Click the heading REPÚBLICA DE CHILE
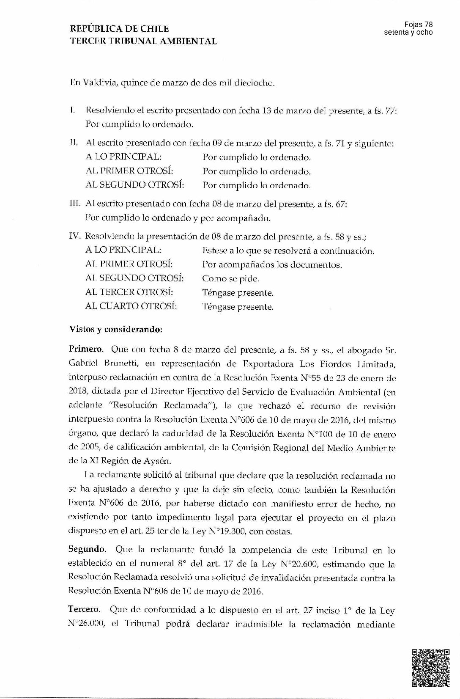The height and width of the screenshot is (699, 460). (119, 29)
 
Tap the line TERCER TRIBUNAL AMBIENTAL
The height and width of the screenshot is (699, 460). (143, 41)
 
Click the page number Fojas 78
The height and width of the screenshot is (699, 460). (418, 25)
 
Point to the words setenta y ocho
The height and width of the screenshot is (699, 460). (408, 32)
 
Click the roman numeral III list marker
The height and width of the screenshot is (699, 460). (74, 203)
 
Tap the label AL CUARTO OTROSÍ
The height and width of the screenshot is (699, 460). (131, 306)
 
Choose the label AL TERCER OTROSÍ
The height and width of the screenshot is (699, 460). (129, 292)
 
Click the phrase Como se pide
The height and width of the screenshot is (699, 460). (230, 278)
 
